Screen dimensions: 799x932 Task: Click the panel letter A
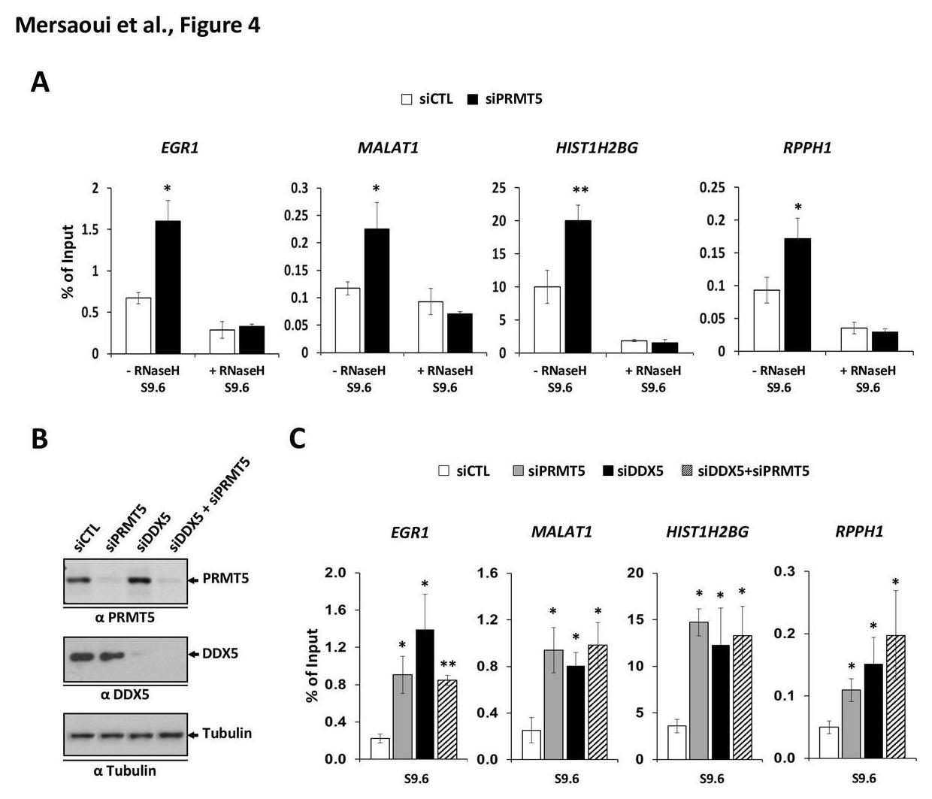point(41,82)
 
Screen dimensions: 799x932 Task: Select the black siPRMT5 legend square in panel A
point(473,99)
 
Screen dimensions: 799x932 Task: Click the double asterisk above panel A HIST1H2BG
point(579,191)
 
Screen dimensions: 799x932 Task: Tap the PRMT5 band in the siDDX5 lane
point(142,580)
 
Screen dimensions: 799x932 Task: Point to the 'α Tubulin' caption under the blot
point(125,770)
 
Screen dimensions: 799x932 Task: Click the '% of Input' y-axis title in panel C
point(313,666)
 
